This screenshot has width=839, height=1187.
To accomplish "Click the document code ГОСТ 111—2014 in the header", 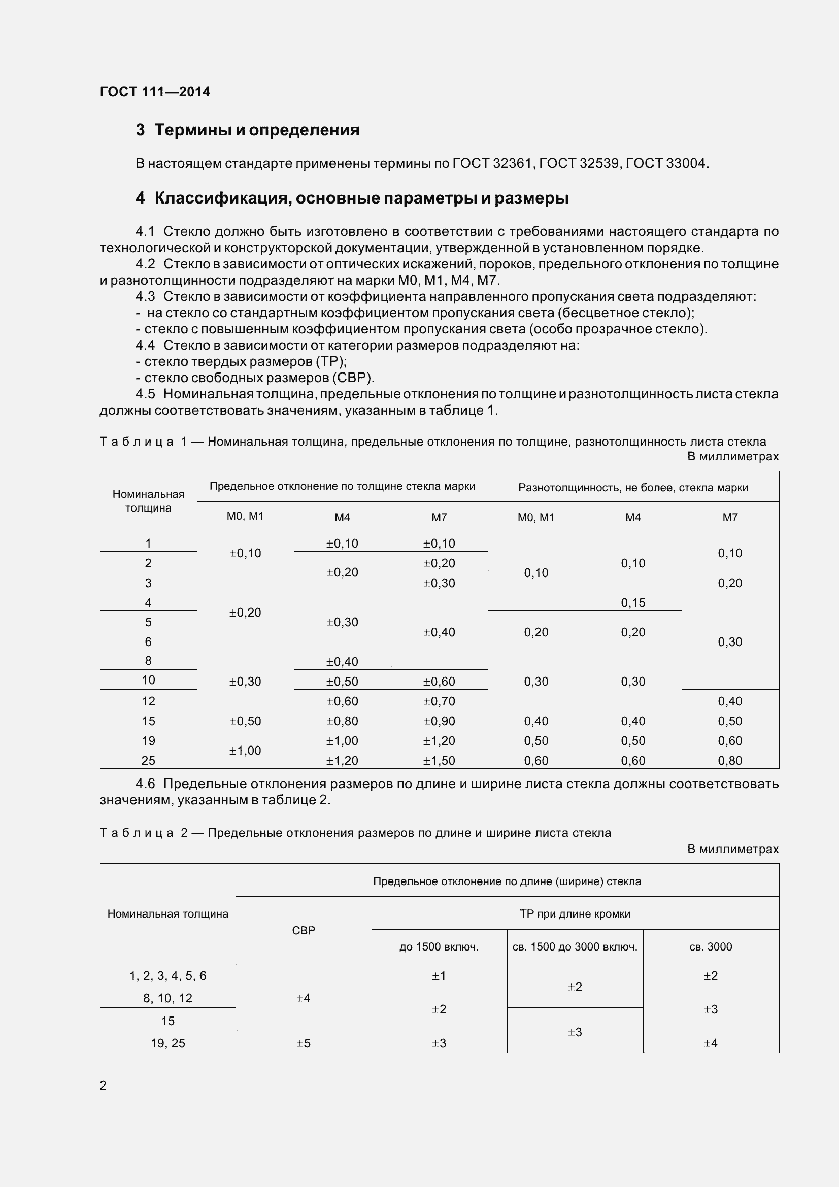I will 155,92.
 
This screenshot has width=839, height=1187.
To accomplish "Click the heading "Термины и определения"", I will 256,130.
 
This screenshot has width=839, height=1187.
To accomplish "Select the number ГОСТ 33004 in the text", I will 665,164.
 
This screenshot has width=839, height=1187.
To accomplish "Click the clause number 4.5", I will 145,394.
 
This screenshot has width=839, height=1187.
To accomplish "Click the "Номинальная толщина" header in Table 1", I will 148,500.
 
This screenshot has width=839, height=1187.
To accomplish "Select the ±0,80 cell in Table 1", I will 342,721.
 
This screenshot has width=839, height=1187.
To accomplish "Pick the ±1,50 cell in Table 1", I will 439,761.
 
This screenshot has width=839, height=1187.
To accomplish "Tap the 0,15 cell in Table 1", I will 633,602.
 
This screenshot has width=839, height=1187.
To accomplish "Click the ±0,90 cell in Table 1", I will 439,721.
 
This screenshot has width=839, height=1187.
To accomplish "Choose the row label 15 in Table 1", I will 148,721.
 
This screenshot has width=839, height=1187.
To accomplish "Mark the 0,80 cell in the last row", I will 729,761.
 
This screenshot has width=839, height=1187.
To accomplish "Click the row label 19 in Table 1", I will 148,740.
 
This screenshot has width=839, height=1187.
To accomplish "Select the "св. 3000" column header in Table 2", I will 710,946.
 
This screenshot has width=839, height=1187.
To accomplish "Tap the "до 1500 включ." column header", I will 439,946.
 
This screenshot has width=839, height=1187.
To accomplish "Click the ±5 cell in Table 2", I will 304,1043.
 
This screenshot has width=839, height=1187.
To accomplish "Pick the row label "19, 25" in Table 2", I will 167,1043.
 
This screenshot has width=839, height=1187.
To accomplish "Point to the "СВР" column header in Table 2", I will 304,930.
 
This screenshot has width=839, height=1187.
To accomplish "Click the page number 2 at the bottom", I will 103,1085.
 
